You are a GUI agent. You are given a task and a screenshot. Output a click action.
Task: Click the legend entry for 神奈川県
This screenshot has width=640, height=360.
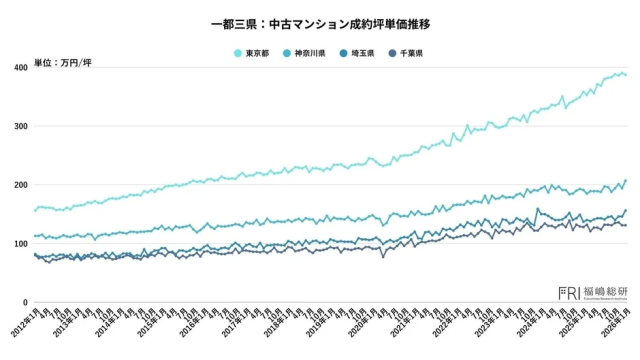point(306,53)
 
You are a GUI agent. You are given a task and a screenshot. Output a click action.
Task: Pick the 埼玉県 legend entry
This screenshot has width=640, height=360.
point(358,53)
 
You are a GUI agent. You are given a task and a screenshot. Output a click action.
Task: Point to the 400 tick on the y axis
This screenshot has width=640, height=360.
point(21,67)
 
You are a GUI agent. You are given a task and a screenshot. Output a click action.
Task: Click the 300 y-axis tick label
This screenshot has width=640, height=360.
point(21,126)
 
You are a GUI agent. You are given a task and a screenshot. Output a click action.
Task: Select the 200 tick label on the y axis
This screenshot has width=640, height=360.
point(21,185)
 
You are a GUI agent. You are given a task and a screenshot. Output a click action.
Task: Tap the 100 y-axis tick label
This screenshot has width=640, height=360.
point(21,244)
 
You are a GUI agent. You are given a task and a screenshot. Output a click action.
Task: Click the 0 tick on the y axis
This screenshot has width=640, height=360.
point(25,302)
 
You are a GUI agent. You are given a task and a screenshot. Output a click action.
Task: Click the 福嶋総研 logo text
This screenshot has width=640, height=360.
point(604,291)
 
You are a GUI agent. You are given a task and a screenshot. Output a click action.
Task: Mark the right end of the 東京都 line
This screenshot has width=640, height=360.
point(626,75)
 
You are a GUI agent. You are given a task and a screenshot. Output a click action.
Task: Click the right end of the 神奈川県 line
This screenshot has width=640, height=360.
point(626,181)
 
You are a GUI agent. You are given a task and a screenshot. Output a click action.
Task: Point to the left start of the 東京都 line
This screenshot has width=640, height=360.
point(35,210)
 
